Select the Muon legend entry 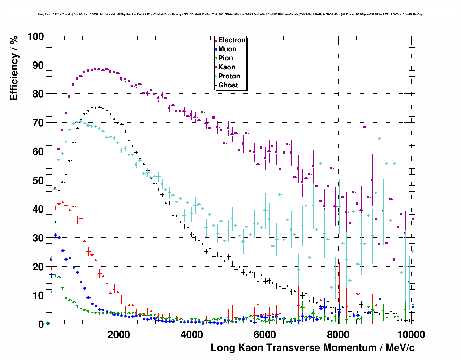tap(227, 49)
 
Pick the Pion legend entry tap(225, 58)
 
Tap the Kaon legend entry tap(227, 67)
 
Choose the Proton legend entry tap(229, 76)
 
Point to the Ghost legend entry tap(228, 85)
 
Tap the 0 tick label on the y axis tap(40, 325)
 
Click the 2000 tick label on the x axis tap(119, 334)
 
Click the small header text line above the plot tap(230, 14)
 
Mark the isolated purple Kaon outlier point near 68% tap(365, 127)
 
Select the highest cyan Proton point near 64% tap(380, 138)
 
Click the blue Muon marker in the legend tap(216, 49)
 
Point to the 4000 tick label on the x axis tap(192, 334)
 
